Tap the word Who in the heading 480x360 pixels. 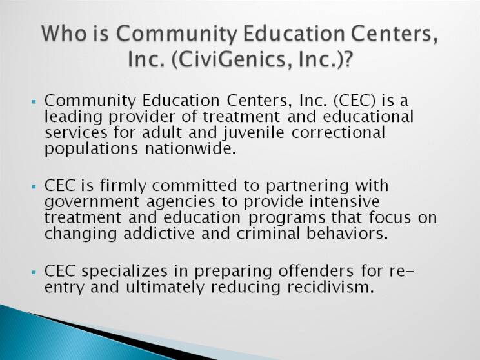coord(64,33)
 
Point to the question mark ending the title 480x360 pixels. coord(346,59)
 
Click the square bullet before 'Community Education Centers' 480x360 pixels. coord(34,101)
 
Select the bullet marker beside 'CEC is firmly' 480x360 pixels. coord(34,186)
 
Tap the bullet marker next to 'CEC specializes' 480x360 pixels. coord(34,272)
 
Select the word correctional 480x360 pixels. coord(338,132)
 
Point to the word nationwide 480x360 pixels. coord(190,148)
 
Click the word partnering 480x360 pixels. coord(307,186)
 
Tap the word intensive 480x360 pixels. coord(345,202)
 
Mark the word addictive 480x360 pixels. coord(159,234)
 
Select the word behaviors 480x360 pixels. coord(347,234)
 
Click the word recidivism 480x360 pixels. coord(331,287)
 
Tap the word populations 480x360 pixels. coord(91,149)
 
